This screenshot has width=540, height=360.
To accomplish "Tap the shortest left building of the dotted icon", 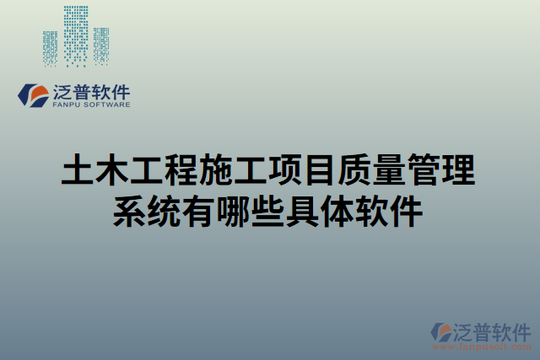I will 51,48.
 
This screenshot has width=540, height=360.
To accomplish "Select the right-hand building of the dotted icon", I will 101,46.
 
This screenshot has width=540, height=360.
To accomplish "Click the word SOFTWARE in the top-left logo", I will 107,106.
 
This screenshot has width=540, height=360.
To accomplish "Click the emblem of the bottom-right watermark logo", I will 441,332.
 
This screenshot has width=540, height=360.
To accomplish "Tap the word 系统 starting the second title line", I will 148,210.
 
